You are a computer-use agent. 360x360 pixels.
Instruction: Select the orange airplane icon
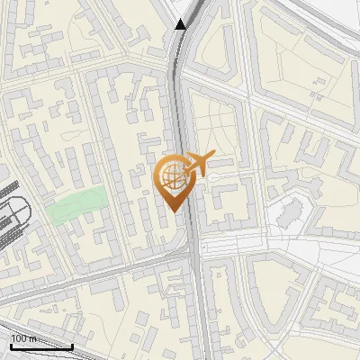click(x=197, y=164)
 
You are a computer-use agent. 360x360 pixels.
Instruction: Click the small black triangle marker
click(x=181, y=24)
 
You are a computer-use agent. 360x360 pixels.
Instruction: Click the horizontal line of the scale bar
click(x=40, y=346)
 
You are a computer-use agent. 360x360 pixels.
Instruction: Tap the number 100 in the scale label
click(x=20, y=339)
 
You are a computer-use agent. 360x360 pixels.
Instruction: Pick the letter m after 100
click(x=32, y=339)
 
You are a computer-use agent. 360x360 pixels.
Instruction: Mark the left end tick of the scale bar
click(x=10, y=345)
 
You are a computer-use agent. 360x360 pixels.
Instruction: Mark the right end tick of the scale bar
click(x=72, y=345)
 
